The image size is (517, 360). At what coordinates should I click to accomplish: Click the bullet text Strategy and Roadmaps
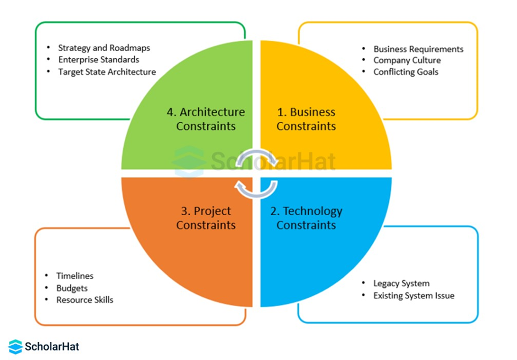click(104, 48)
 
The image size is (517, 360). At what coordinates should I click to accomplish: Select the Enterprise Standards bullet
click(98, 59)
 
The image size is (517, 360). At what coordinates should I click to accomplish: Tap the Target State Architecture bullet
click(107, 72)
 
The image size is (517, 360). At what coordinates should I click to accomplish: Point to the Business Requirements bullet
click(418, 49)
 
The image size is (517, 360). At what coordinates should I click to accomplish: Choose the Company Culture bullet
click(406, 61)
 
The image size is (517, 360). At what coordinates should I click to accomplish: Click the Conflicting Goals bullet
click(405, 72)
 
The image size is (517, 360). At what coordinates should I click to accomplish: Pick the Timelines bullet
click(75, 276)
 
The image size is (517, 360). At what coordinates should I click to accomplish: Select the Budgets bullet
click(71, 288)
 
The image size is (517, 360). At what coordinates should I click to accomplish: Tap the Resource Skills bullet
click(85, 300)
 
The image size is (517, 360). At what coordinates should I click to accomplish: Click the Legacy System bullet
click(401, 283)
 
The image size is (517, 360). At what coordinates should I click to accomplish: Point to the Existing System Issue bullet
click(414, 296)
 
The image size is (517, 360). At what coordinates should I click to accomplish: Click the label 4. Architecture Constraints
click(206, 119)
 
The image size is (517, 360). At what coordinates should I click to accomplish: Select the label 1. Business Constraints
click(306, 119)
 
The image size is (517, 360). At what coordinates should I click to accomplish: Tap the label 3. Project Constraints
click(206, 218)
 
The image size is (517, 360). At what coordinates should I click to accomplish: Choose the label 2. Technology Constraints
click(306, 218)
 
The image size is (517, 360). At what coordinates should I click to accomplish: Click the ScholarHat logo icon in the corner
click(15, 346)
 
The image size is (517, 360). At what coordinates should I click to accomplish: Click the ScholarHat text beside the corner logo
click(52, 347)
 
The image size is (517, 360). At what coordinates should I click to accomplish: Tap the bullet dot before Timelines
click(48, 276)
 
